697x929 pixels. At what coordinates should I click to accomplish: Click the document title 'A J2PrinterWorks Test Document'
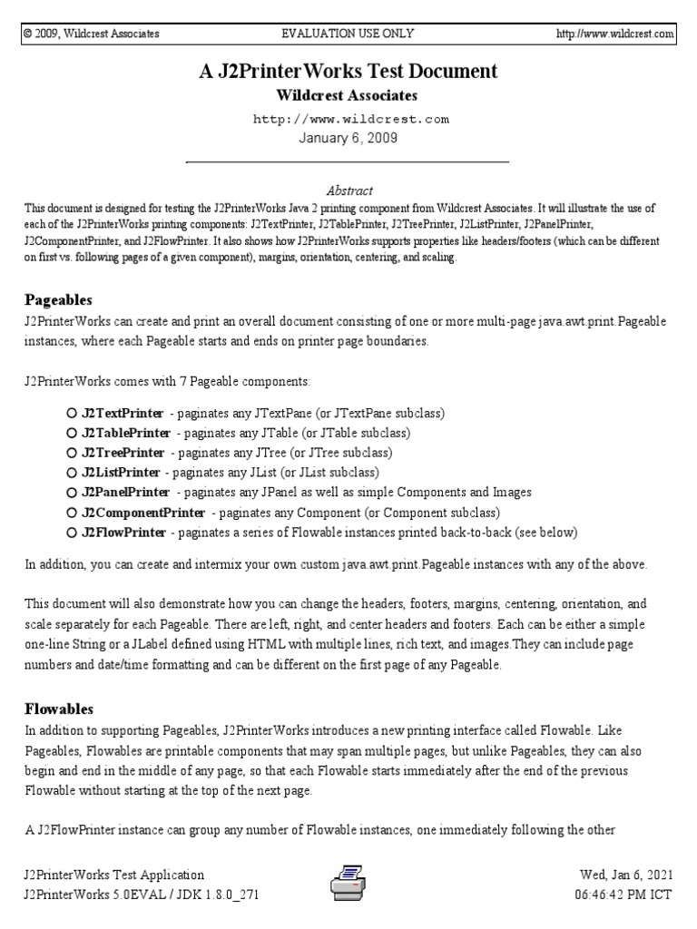pyautogui.click(x=348, y=71)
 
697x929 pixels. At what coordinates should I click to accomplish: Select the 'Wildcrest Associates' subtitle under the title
pyautogui.click(x=348, y=95)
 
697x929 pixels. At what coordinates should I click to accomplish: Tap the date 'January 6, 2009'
pyautogui.click(x=348, y=138)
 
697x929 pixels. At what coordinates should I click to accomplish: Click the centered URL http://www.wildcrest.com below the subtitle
pyautogui.click(x=348, y=119)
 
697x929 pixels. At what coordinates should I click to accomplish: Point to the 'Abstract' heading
pyautogui.click(x=348, y=191)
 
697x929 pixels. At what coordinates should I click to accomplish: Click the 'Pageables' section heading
pyautogui.click(x=59, y=299)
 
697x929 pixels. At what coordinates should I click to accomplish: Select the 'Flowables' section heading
pyautogui.click(x=60, y=709)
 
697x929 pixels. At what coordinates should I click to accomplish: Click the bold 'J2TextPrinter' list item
pyautogui.click(x=123, y=413)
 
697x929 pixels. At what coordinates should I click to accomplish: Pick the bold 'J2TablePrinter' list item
pyautogui.click(x=126, y=433)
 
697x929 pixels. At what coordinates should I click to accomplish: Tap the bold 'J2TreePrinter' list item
pyautogui.click(x=123, y=453)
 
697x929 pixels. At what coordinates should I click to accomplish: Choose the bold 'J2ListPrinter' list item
pyautogui.click(x=121, y=473)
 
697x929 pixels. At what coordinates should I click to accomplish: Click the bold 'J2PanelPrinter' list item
pyautogui.click(x=125, y=493)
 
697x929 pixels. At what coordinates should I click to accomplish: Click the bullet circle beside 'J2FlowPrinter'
pyautogui.click(x=72, y=533)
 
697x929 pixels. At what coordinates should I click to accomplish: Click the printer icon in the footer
pyautogui.click(x=348, y=883)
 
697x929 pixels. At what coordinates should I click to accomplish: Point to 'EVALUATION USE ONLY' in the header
pyautogui.click(x=348, y=34)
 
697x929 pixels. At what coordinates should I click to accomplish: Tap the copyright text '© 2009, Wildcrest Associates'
pyautogui.click(x=92, y=34)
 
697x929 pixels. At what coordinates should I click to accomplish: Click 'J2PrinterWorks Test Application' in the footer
pyautogui.click(x=114, y=875)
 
